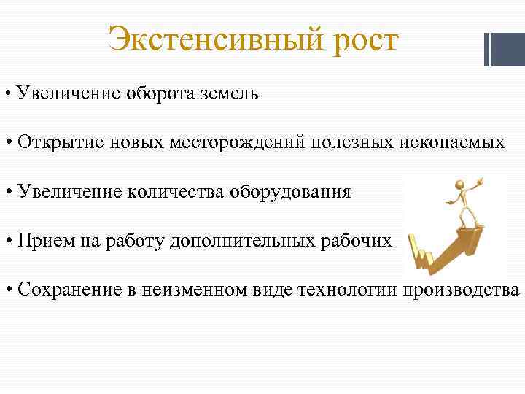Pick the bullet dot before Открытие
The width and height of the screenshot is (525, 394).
pos(8,142)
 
